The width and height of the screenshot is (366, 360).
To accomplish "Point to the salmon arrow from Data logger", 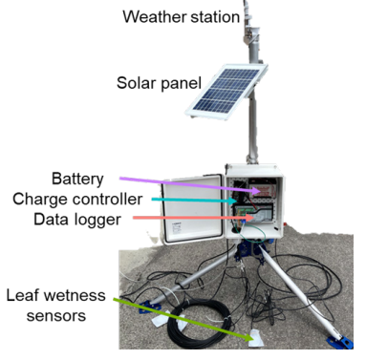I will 191,219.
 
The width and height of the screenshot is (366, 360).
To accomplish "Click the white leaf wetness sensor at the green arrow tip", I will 259,338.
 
